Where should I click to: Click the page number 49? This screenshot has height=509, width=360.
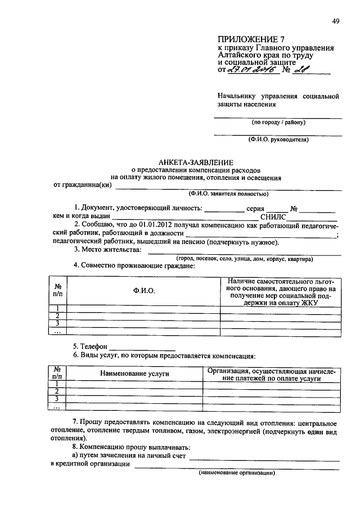335,21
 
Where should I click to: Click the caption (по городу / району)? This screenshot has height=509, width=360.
278,122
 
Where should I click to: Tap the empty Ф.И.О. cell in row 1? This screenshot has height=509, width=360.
143,308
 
